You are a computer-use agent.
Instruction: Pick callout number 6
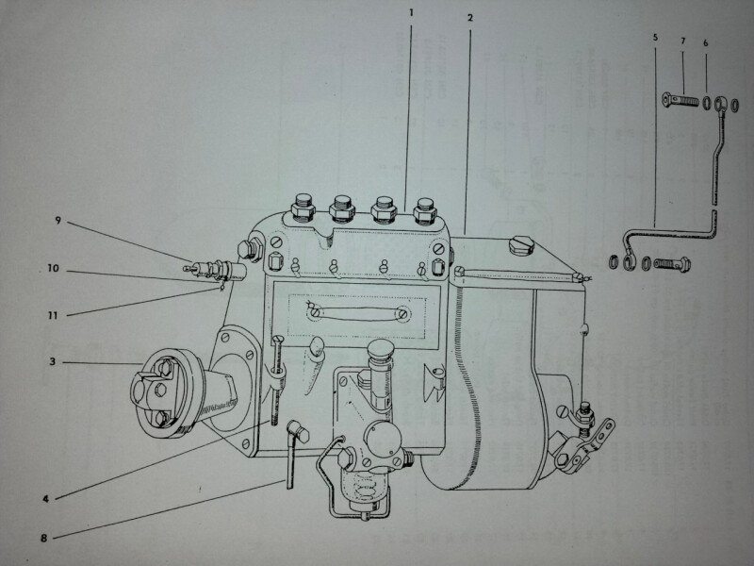click(705, 44)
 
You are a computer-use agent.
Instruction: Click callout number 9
click(57, 222)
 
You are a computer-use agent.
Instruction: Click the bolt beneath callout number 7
click(682, 99)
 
